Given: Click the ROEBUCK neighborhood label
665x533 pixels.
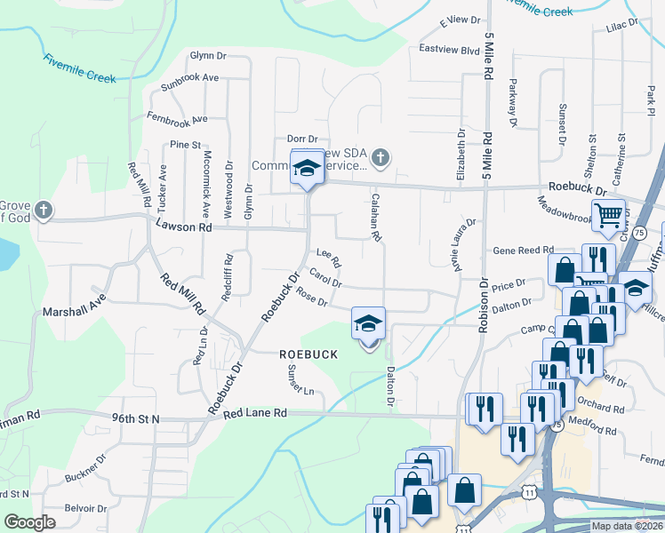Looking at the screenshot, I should tap(308, 354).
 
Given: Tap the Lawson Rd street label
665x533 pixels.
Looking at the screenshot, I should tap(184, 227).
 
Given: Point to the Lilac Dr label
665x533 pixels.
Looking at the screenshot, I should tap(621, 26).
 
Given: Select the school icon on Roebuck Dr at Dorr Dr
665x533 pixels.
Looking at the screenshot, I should tap(307, 168).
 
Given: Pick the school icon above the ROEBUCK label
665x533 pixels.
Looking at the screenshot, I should tap(368, 324).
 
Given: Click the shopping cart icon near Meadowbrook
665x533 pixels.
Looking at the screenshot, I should tap(609, 215).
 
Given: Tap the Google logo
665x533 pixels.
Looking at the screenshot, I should tap(29, 522).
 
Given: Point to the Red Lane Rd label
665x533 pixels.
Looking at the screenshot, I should tap(255, 413).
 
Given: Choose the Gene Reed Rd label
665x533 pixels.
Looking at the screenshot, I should tap(523, 251).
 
